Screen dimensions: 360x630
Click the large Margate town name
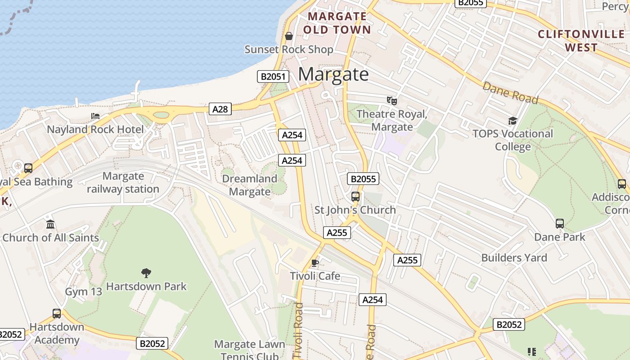[x=333, y=74]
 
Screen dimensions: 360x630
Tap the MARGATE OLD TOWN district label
[x=337, y=23]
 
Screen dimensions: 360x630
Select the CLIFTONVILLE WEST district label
[x=581, y=40]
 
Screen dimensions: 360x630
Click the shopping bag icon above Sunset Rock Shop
[x=289, y=36]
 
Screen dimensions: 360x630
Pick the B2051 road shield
[x=273, y=76]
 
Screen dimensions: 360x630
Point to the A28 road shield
[x=220, y=109]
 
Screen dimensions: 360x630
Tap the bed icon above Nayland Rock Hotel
[x=95, y=116]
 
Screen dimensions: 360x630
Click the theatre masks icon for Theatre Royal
[x=392, y=101]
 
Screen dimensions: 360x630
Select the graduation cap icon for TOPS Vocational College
[x=513, y=121]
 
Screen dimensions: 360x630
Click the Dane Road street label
[x=510, y=93]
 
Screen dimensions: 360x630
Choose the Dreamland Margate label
[x=250, y=185]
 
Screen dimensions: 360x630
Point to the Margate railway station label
[x=123, y=183]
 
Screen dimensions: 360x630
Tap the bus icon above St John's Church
[x=355, y=197]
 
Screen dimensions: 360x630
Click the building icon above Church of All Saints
[x=50, y=224]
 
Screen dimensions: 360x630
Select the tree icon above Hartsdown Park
[x=146, y=273]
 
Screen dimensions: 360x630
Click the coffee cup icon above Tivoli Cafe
[x=315, y=263]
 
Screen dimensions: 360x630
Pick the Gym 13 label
[x=84, y=292]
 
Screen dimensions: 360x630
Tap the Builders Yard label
[x=514, y=258]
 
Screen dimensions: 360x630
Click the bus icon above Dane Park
[x=560, y=224]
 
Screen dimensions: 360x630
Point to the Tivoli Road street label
[x=298, y=331]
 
